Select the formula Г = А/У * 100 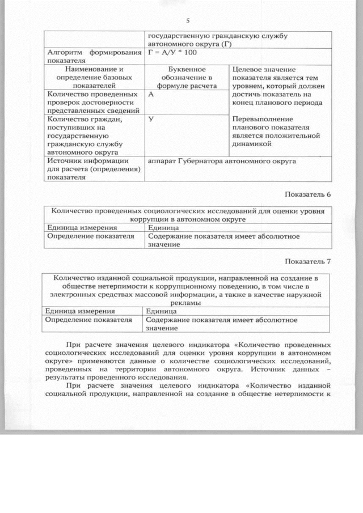tap(171, 53)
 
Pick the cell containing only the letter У tap(151, 120)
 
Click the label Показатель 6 tap(307, 195)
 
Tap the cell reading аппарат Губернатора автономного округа tap(221, 162)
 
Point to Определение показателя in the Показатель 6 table tap(90, 236)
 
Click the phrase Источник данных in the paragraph tap(282, 368)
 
